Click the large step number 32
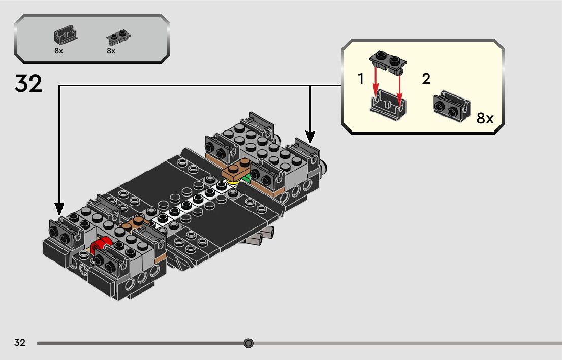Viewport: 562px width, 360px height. click(x=28, y=83)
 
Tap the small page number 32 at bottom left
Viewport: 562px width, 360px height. click(x=20, y=343)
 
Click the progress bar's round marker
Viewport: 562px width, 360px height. click(x=248, y=343)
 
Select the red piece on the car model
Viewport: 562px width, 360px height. click(x=102, y=244)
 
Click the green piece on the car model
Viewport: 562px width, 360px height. click(x=246, y=178)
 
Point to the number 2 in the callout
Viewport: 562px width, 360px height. click(x=426, y=79)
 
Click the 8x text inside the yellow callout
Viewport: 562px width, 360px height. click(x=485, y=119)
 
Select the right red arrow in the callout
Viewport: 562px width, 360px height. click(x=400, y=84)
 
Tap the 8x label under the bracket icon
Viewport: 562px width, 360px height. click(x=59, y=51)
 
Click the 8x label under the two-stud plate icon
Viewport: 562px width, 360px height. click(x=111, y=51)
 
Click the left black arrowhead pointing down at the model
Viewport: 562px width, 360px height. click(x=59, y=208)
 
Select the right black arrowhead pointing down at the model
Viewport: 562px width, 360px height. click(x=310, y=137)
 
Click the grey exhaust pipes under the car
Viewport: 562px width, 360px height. click(x=262, y=236)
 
